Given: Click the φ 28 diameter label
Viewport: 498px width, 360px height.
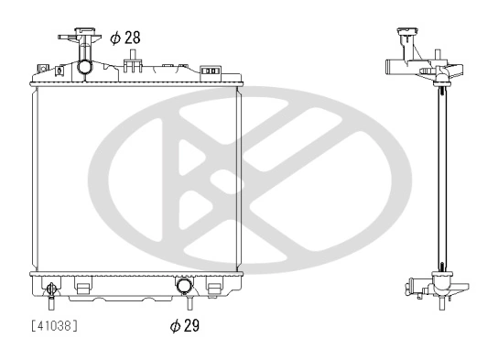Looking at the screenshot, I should pyautogui.click(x=124, y=38).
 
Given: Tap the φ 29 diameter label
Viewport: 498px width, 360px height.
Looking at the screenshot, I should pyautogui.click(x=184, y=325).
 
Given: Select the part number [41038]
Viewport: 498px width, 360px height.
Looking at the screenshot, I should pyautogui.click(x=54, y=324).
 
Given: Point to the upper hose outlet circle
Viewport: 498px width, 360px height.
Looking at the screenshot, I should pyautogui.click(x=85, y=67).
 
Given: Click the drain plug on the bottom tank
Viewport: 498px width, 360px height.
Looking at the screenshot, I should pyautogui.click(x=52, y=291).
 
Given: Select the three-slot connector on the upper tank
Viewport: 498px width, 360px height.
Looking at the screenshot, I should pyautogui.click(x=210, y=70).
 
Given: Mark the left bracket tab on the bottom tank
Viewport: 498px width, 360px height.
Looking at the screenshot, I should pyautogui.click(x=82, y=288).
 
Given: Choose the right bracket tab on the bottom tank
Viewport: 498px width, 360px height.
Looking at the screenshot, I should pyautogui.click(x=214, y=288).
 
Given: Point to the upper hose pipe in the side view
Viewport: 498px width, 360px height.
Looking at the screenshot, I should pyautogui.click(x=394, y=66).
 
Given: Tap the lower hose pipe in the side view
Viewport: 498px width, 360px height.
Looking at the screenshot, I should pyautogui.click(x=411, y=289).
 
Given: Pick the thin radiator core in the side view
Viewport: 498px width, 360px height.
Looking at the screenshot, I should pyautogui.click(x=442, y=174).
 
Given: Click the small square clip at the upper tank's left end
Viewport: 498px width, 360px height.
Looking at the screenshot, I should pyautogui.click(x=42, y=67).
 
